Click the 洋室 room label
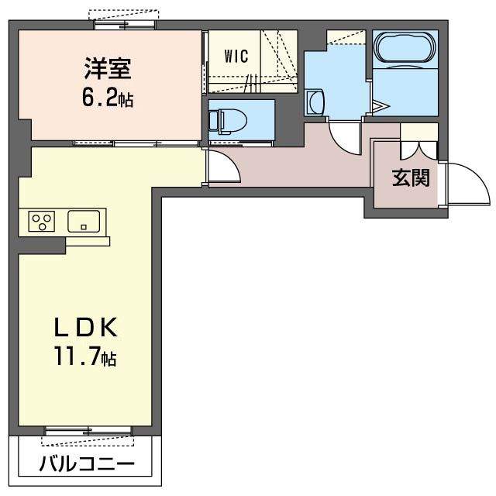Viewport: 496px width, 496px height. point(109,68)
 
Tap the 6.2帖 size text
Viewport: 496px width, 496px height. point(109,98)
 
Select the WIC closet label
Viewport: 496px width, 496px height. point(236,56)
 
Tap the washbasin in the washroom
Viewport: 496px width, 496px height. point(314,102)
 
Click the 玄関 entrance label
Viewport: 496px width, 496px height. point(410,178)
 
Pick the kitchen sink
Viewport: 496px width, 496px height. point(82,222)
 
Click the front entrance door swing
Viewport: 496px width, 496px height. point(467,186)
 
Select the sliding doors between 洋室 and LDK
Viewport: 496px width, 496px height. point(136,143)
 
